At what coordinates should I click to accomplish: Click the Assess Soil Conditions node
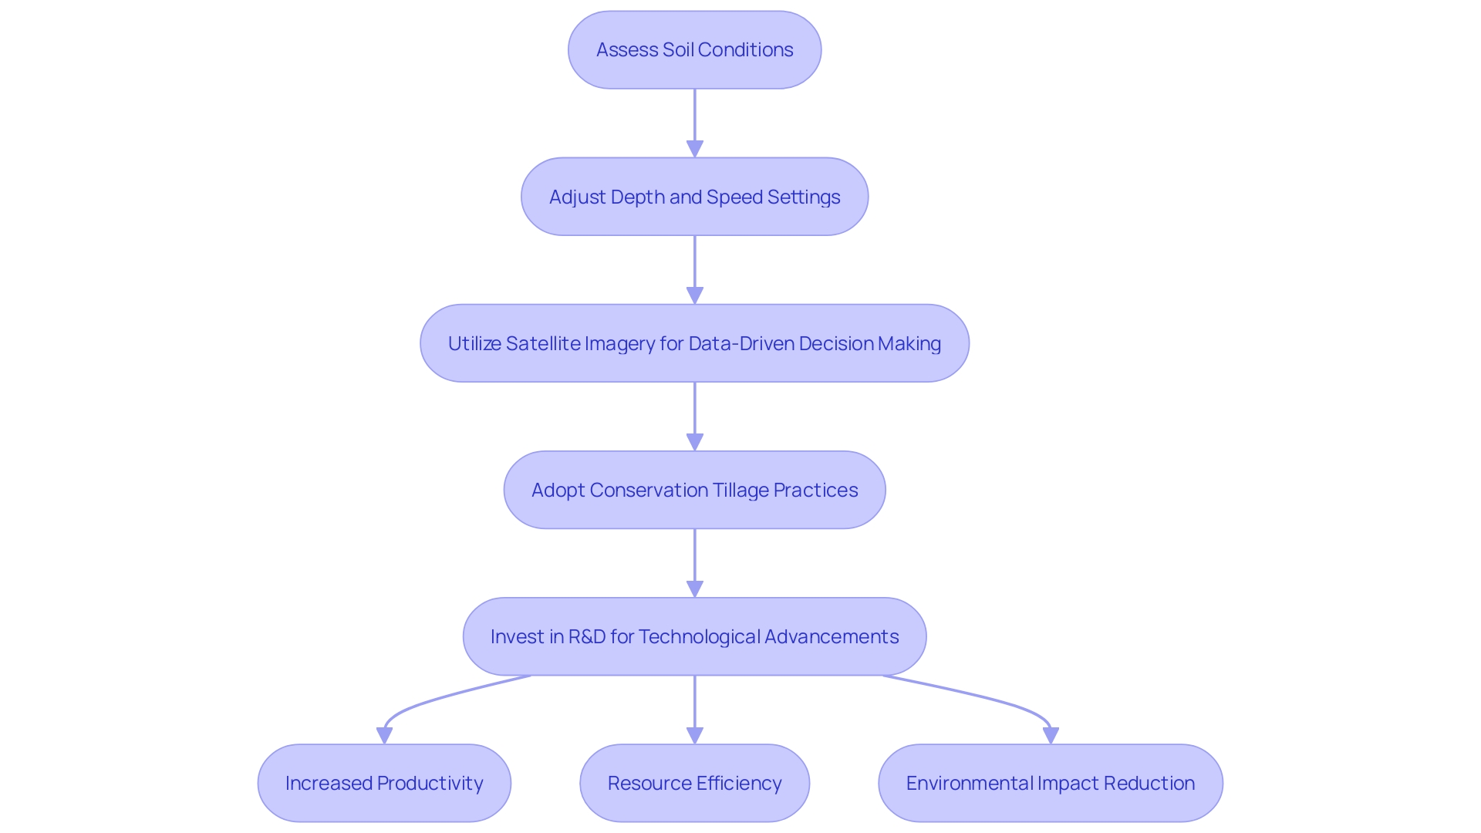click(x=694, y=50)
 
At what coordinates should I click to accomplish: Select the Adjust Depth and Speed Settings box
click(x=694, y=197)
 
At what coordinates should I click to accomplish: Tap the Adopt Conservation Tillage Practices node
click(x=694, y=490)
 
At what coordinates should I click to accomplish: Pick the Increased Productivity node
click(x=384, y=783)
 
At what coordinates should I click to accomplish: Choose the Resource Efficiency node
click(x=694, y=783)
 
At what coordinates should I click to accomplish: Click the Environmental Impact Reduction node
click(x=1050, y=783)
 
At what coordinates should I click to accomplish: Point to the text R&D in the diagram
click(x=586, y=636)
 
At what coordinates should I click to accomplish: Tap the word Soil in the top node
click(x=678, y=50)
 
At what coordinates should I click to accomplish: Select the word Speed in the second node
click(x=734, y=197)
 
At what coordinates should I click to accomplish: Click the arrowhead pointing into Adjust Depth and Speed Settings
click(x=694, y=149)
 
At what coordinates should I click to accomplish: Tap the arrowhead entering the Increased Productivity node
click(x=384, y=735)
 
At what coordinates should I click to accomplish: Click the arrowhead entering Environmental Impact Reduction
click(x=1050, y=735)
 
